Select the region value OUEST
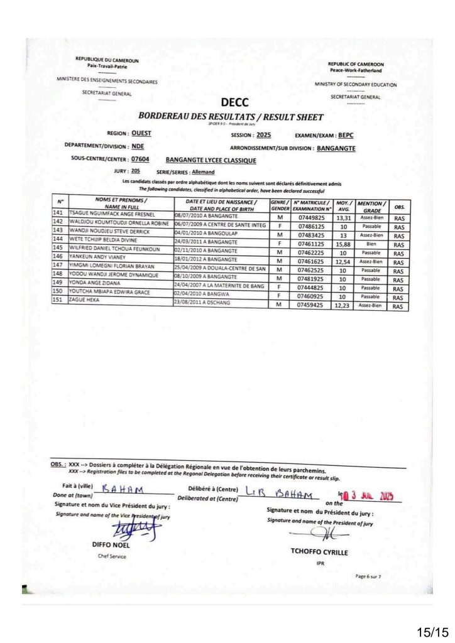pyautogui.click(x=141, y=134)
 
